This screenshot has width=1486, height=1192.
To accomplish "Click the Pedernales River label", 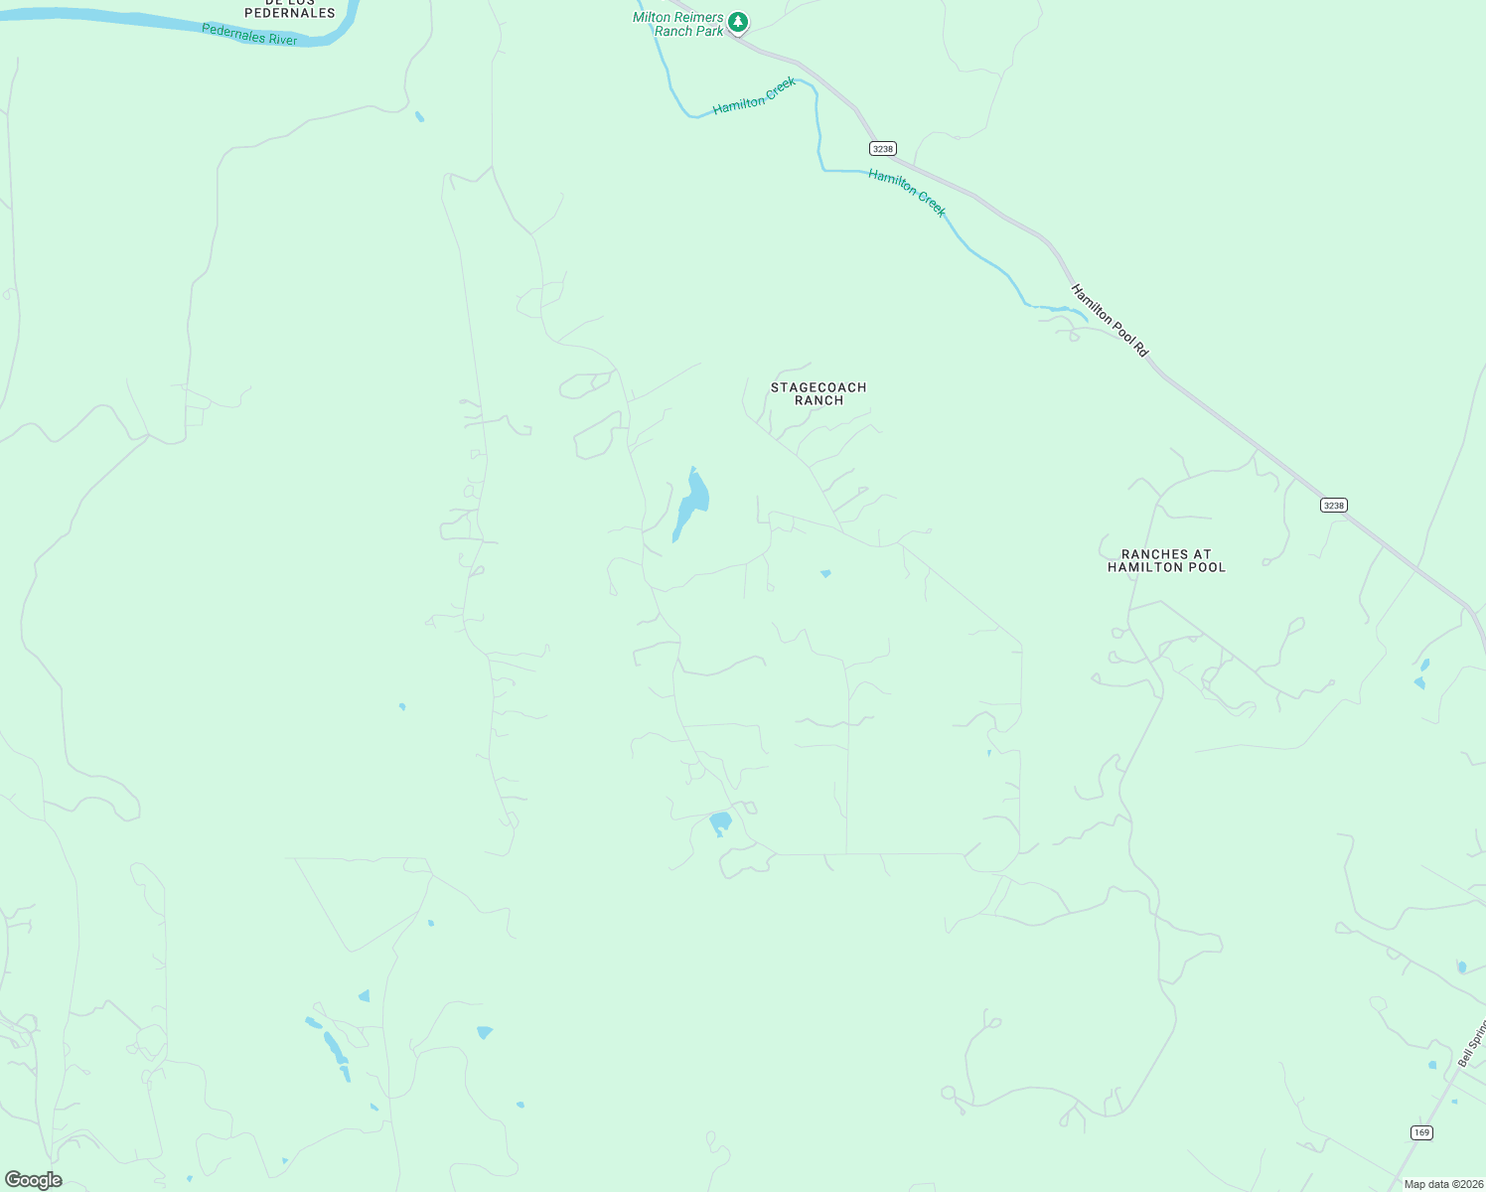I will coord(249,34).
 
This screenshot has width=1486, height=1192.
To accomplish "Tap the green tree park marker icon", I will coord(737,21).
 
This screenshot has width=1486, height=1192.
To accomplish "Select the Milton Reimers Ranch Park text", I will coord(678,25).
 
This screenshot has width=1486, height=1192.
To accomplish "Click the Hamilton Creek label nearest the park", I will coord(754,96).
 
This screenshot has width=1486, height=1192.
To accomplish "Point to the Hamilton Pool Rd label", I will coord(1110,320).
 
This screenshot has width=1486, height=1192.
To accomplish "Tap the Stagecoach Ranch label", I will coord(818,394).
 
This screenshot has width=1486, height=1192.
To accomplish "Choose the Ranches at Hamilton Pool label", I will coord(1166,561).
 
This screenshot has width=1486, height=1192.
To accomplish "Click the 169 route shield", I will coord(1421,1132).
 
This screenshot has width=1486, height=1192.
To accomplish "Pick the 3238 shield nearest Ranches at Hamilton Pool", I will coord(1333,506).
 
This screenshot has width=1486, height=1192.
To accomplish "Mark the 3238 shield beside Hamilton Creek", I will coord(882,148).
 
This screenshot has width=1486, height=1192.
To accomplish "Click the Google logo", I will coord(33,1180).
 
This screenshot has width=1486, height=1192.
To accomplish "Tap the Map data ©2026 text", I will coord(1443,1184).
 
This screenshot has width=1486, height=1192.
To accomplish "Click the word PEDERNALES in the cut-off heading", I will coord(290,13).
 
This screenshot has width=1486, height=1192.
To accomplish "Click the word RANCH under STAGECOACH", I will coord(818,401).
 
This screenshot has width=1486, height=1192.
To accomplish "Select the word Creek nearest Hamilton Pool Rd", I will coord(931,204).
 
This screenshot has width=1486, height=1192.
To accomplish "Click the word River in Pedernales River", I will coord(279,38).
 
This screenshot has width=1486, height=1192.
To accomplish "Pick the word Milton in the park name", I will coord(652,18).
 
